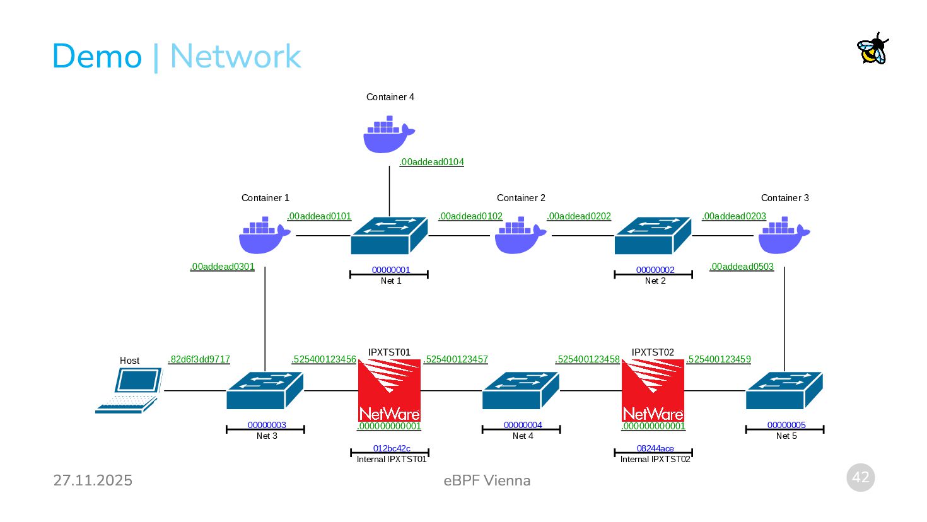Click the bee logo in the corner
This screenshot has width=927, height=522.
point(873,49)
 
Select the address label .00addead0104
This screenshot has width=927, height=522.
point(431,162)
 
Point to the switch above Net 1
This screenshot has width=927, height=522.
point(389,235)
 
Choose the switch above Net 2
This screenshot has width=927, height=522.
point(653,235)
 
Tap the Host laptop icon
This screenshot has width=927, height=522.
point(129,390)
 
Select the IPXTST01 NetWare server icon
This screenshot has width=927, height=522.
point(389,390)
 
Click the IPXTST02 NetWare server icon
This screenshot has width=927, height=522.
point(653,390)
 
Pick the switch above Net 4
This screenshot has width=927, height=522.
point(521,390)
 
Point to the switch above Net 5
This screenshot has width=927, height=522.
point(784,390)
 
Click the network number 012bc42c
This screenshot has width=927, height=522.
point(392,449)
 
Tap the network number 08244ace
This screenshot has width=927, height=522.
point(655,449)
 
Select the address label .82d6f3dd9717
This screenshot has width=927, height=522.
point(199,359)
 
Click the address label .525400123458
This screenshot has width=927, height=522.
point(588,359)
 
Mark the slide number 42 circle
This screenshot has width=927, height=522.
point(861,478)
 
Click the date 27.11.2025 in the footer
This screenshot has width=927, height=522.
point(93,480)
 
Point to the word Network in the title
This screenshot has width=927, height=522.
point(235,56)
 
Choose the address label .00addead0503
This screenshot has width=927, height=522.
point(742,267)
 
